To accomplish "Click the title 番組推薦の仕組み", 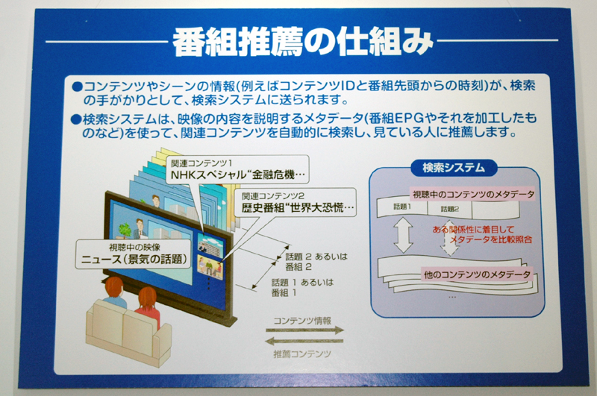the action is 303,42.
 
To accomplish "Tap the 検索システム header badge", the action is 454,168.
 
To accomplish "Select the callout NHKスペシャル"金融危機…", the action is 237,169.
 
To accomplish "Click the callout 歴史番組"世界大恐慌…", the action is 296,202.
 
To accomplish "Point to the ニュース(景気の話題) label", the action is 134,254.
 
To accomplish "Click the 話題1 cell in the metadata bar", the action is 402,207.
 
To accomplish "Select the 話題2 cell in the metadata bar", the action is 450,209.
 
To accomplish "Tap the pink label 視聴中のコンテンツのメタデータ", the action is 473,195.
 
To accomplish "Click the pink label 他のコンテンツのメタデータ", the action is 477,274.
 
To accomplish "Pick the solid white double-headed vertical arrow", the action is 403,236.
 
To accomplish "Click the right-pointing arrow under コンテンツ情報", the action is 304,330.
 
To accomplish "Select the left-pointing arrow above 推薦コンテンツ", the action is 304,341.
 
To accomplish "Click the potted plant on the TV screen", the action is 125,230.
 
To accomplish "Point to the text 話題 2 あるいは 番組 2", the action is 316,262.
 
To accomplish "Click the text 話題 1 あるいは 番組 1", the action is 302,288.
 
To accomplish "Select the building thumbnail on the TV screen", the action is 207,243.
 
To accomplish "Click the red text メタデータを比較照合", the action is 491,239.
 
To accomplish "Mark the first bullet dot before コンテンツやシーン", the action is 77,87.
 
